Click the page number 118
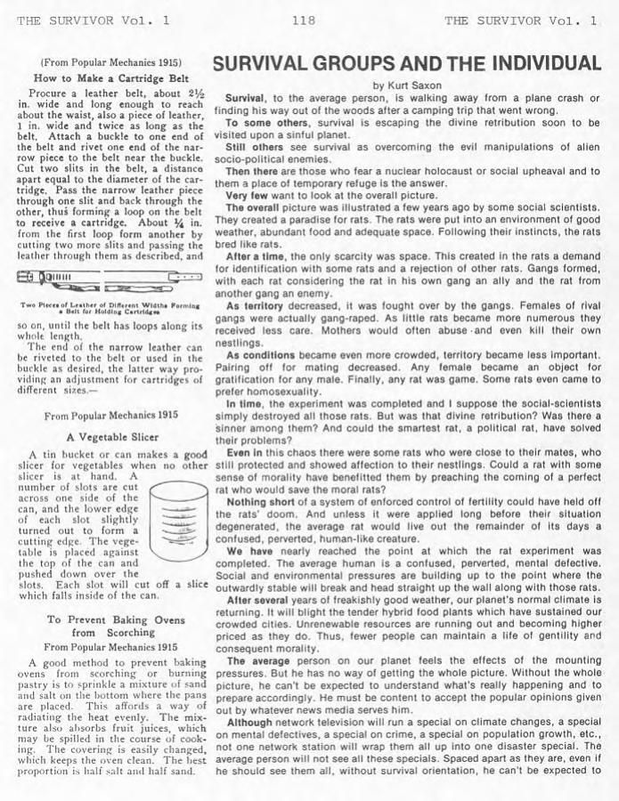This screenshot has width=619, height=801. pos(303,20)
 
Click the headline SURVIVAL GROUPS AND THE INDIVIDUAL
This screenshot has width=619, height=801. pos(406,64)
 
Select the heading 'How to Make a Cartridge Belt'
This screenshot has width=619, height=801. pos(110,78)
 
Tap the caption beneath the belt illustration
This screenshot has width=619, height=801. pos(110,308)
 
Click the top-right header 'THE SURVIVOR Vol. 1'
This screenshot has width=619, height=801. pos(520,20)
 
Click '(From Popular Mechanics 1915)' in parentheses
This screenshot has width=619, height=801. pos(110,63)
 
